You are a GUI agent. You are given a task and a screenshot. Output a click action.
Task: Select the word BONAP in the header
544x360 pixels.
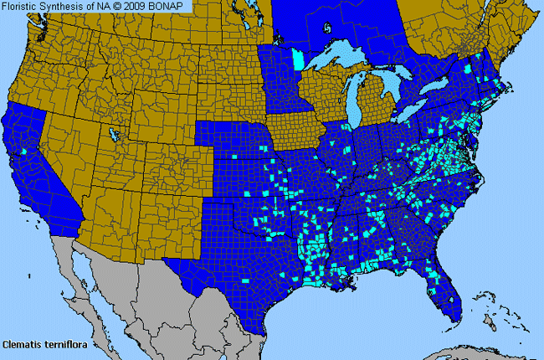172,6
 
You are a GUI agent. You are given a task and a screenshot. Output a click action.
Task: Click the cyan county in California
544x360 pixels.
25,152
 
